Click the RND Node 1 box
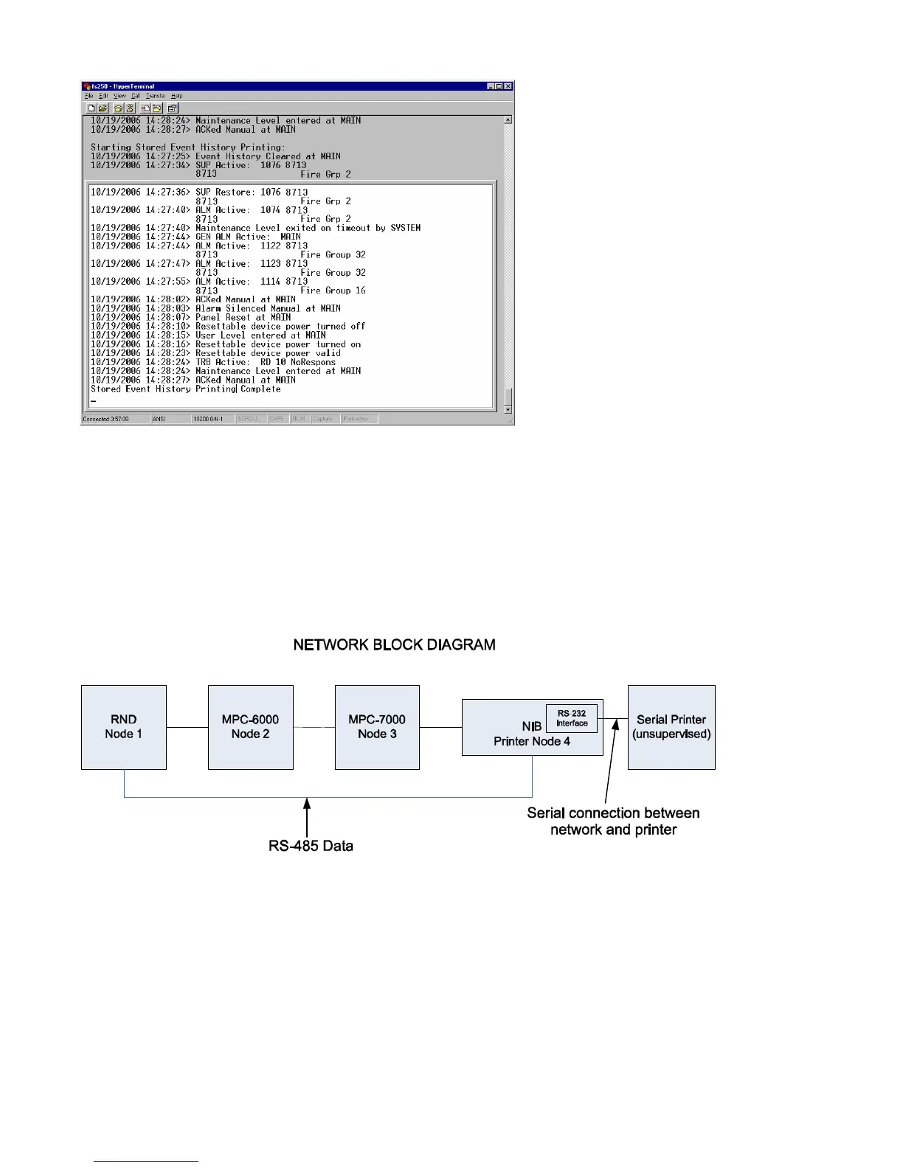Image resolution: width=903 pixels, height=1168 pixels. point(123,727)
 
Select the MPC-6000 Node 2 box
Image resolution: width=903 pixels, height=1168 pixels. point(250,727)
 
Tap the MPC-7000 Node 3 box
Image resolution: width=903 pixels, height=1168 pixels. point(377,727)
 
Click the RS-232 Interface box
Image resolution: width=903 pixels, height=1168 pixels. point(572,718)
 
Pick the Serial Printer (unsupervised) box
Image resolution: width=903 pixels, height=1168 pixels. point(671,727)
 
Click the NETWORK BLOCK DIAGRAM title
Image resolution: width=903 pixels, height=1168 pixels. point(394,645)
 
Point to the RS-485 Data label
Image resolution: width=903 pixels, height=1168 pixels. point(311,846)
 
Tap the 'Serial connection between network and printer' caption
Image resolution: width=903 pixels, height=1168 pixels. point(613,821)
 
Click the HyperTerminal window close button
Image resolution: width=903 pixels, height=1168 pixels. point(508,86)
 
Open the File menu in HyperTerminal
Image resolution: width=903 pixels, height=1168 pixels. point(89,96)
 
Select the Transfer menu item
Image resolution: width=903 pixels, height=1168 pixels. point(155,96)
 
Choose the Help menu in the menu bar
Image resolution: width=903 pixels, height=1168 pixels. point(176,96)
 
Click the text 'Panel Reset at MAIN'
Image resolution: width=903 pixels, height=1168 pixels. point(243,317)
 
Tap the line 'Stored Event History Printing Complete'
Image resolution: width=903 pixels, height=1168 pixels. point(185,389)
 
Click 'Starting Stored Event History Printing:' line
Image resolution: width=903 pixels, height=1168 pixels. point(187,147)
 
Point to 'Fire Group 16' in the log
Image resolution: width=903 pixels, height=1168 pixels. point(333,291)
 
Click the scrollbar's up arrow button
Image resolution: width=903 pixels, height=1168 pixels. point(508,119)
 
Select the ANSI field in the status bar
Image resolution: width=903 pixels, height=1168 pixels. point(159,419)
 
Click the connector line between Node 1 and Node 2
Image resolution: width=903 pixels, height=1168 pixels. point(187,728)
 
